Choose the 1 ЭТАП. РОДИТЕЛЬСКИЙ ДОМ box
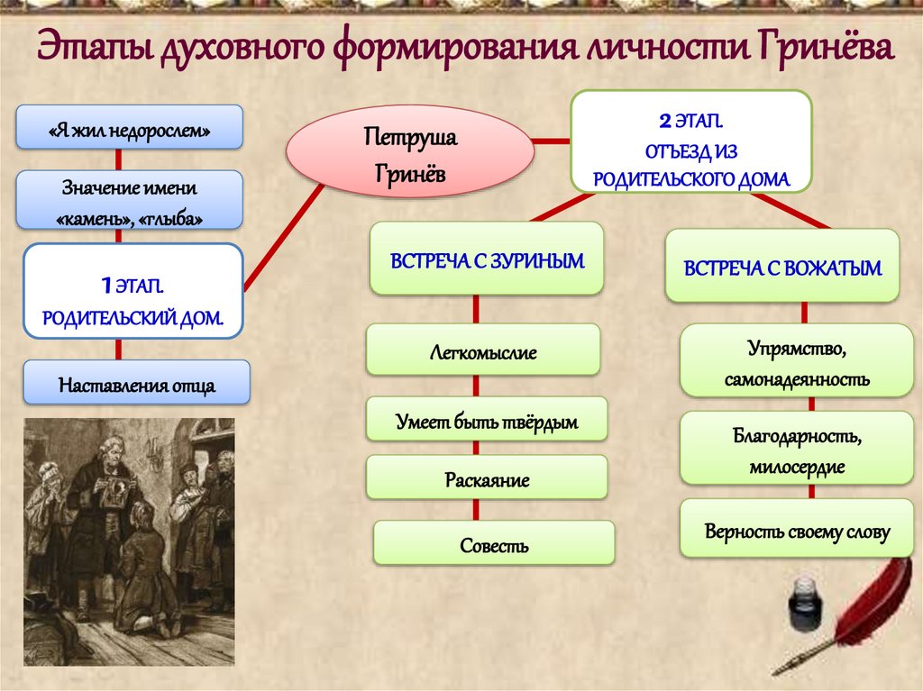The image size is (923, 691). pyautogui.click(x=133, y=291)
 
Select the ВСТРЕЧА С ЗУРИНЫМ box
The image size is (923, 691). pyautogui.click(x=487, y=259)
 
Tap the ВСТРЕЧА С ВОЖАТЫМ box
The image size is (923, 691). pyautogui.click(x=781, y=266)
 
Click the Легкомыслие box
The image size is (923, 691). pyautogui.click(x=482, y=350)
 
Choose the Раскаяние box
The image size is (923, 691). pyautogui.click(x=486, y=477)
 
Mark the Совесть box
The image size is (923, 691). pyautogui.click(x=493, y=543)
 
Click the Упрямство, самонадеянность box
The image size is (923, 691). pyautogui.click(x=796, y=361)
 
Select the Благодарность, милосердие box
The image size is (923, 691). pyautogui.click(x=796, y=449)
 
